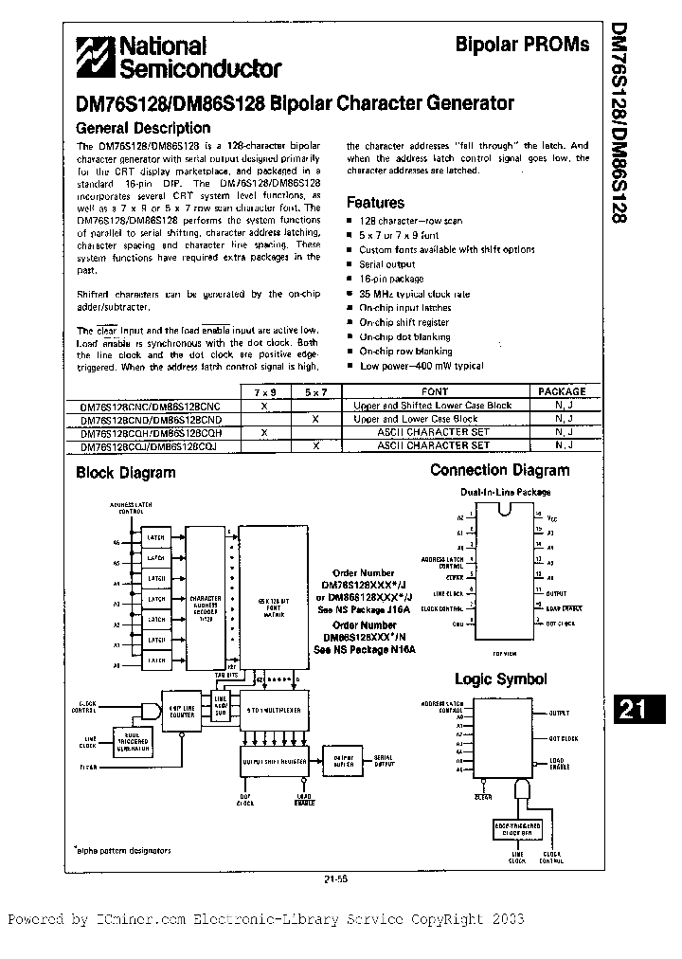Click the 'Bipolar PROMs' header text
[x=535, y=45]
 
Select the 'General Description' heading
[x=137, y=129]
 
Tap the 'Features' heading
[x=375, y=202]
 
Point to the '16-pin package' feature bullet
[x=391, y=279]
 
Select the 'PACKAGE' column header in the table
[x=562, y=390]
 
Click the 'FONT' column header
[x=435, y=390]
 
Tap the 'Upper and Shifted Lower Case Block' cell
[x=432, y=405]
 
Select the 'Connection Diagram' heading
[x=499, y=470]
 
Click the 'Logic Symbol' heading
[x=500, y=679]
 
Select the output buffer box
[x=343, y=762]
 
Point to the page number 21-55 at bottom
[x=336, y=878]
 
